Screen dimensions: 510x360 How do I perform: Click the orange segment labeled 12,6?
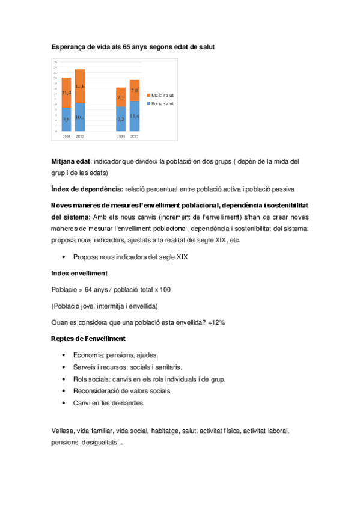click(x=80, y=86)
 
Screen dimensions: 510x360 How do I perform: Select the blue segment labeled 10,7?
click(x=80, y=117)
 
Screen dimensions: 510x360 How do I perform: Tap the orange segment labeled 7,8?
click(x=135, y=91)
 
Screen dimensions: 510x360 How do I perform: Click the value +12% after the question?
click(x=215, y=322)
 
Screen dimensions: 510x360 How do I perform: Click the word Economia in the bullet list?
click(x=88, y=355)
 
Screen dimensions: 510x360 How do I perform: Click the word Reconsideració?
click(x=97, y=391)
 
